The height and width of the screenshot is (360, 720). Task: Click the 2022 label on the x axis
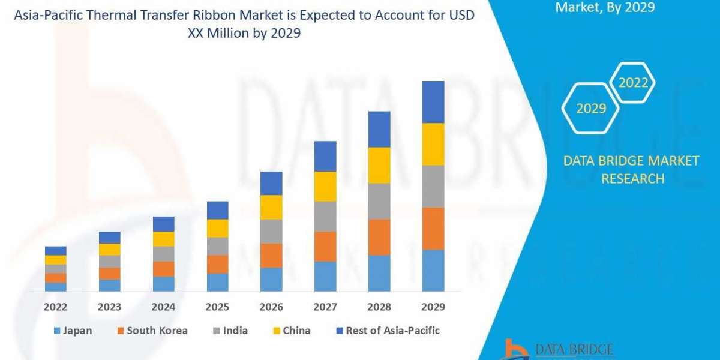(x=55, y=307)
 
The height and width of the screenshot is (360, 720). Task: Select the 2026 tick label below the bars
(x=271, y=307)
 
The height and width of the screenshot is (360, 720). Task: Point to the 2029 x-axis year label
(x=433, y=307)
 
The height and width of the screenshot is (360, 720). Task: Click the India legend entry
(x=230, y=331)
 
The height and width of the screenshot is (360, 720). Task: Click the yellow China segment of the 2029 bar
(x=433, y=144)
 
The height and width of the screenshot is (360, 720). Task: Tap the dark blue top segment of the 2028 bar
(x=379, y=129)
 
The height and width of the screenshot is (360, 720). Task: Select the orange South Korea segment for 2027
(x=325, y=246)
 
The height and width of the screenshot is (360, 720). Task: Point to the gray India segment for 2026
(x=271, y=231)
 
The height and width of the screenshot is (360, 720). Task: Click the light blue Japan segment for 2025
(x=217, y=282)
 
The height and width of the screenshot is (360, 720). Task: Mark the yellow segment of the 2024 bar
(x=163, y=239)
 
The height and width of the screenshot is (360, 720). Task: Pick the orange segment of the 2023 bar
(x=109, y=274)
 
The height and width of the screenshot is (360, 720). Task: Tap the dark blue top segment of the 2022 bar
(x=55, y=251)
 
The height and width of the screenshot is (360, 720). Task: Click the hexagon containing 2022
(x=632, y=83)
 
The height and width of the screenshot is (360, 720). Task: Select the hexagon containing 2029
(x=590, y=109)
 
